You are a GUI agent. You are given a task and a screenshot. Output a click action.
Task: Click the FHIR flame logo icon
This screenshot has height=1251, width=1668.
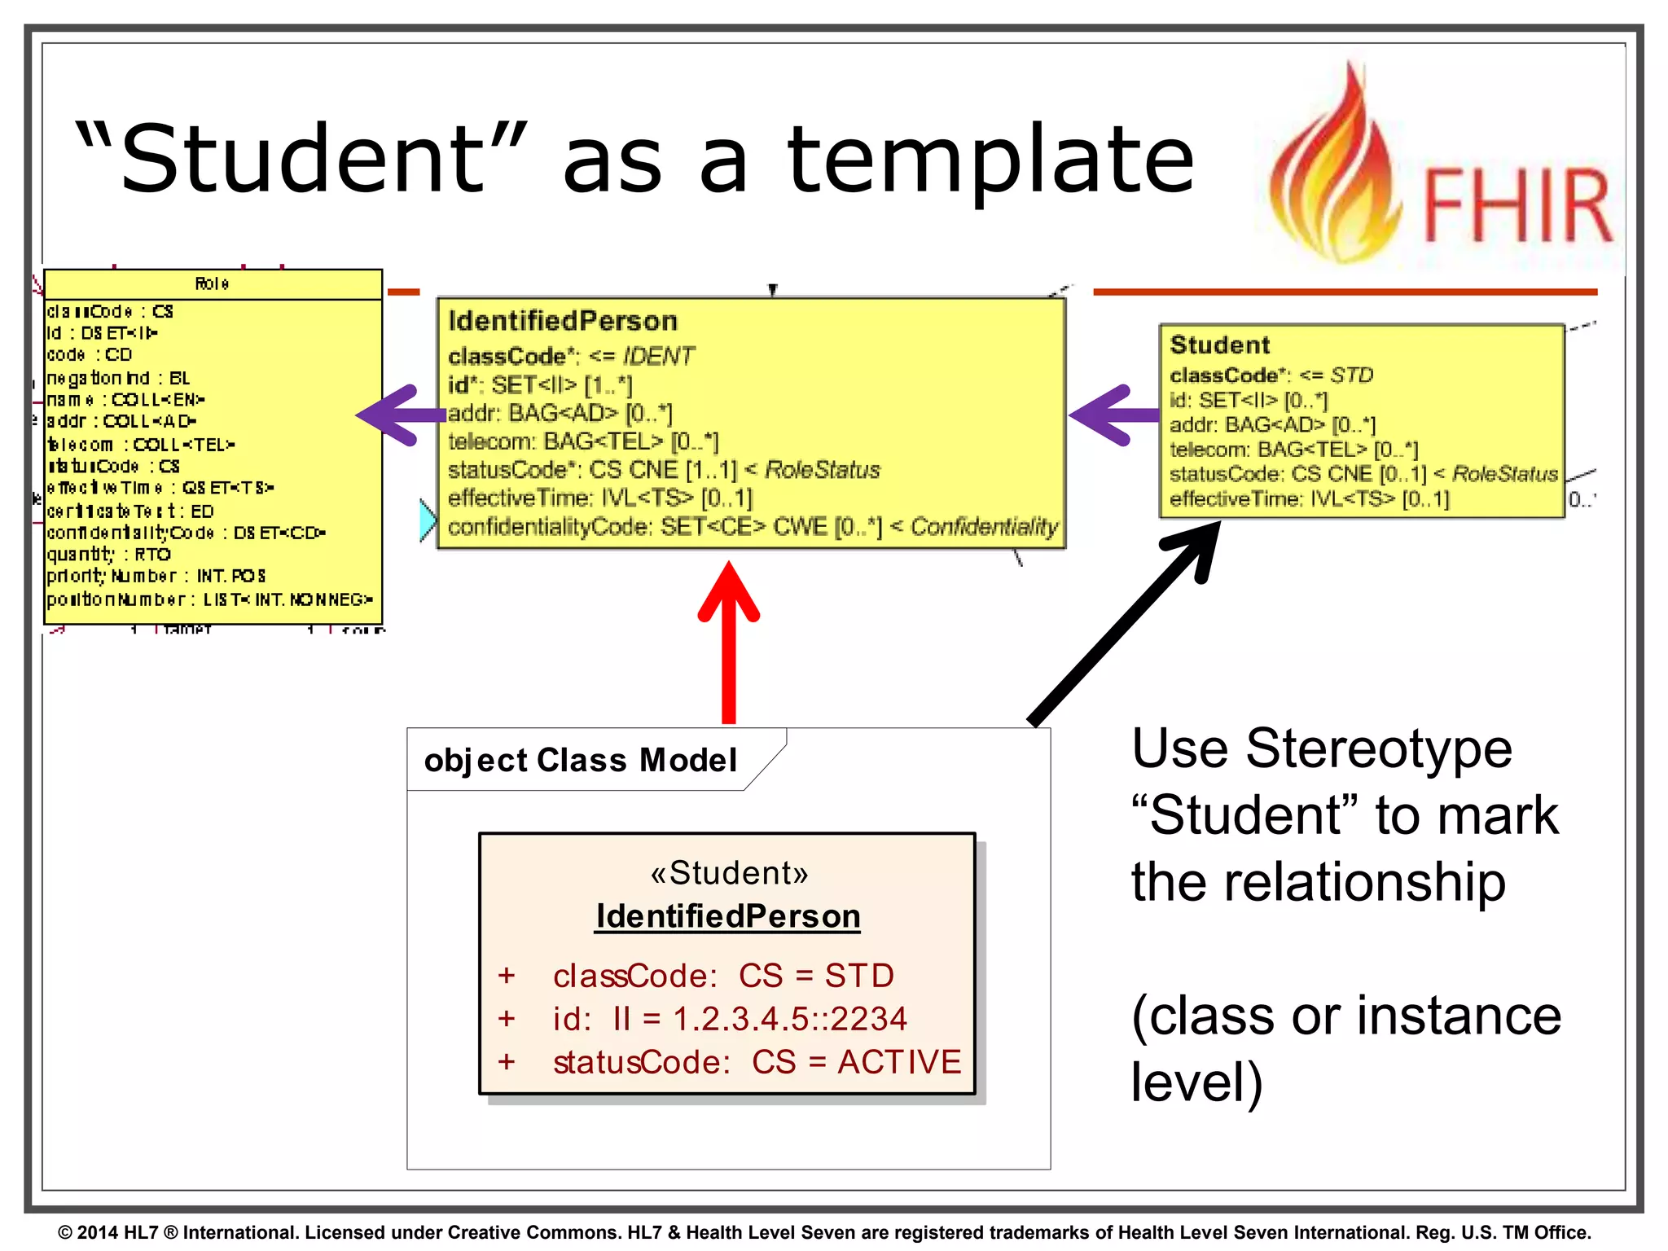tap(1336, 167)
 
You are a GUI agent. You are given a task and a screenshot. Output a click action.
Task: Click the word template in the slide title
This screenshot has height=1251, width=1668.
tap(990, 159)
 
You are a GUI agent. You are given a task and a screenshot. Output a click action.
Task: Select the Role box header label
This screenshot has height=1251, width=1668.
tap(212, 283)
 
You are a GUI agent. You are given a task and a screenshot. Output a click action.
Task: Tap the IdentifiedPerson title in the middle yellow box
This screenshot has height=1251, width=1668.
tap(563, 321)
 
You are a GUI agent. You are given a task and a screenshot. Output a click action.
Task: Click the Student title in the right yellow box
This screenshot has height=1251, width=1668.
tap(1219, 345)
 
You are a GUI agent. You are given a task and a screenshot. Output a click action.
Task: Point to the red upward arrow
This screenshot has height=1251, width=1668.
tap(729, 643)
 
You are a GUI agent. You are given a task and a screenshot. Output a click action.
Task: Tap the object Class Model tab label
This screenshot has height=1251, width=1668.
tap(580, 760)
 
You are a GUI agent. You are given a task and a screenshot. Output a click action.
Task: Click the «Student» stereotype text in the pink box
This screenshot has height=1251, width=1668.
tap(729, 873)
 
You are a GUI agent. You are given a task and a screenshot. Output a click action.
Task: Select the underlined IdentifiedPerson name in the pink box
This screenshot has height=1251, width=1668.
tap(727, 916)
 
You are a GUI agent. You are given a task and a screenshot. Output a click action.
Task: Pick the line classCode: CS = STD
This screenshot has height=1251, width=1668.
tap(722, 976)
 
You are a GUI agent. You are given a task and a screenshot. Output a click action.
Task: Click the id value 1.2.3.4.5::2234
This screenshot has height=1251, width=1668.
tap(790, 1019)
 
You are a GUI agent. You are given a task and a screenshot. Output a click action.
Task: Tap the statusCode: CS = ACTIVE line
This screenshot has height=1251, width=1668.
tap(756, 1062)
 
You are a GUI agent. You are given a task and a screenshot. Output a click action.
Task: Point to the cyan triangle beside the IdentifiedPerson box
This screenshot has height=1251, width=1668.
tap(427, 520)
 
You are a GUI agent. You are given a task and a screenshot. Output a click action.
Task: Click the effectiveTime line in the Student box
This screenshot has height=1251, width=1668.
tap(1309, 498)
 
